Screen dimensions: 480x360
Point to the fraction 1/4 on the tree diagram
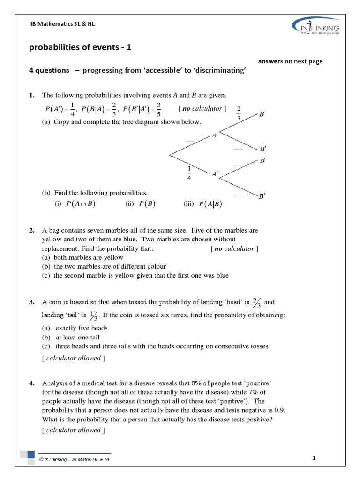[x=189, y=172]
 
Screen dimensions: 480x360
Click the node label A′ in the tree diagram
[x=214, y=174]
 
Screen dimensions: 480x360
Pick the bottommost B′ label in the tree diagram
[x=262, y=196]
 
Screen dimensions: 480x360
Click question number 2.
[x=31, y=230]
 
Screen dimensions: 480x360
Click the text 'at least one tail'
[x=77, y=337]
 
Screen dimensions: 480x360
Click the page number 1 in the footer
[x=313, y=458]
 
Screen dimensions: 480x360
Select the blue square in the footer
[x=31, y=454]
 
